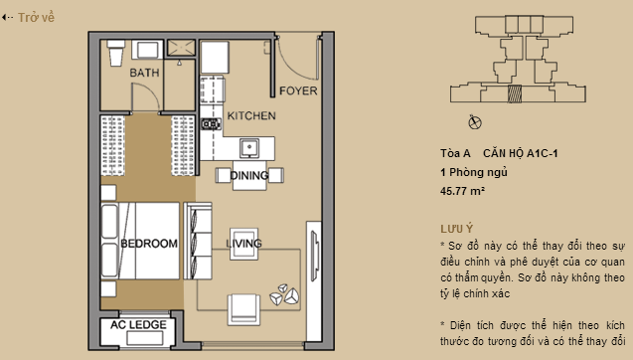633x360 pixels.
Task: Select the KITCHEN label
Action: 251,116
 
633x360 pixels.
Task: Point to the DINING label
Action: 248,176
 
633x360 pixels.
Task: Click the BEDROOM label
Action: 148,244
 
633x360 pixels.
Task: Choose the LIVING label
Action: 244,244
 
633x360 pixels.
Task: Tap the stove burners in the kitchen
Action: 210,125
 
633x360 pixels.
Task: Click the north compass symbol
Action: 474,123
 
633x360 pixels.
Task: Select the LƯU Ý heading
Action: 456,228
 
